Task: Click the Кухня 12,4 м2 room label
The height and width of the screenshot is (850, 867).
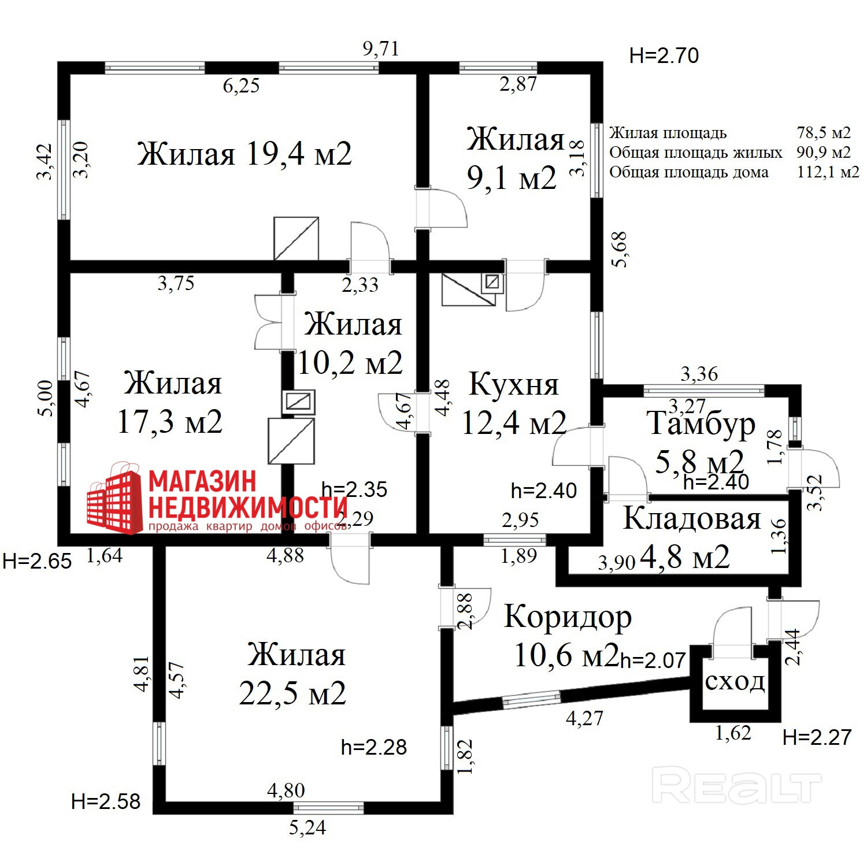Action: (x=513, y=403)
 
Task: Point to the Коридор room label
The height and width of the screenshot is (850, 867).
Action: (x=568, y=617)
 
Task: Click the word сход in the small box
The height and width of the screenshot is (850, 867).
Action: (x=735, y=682)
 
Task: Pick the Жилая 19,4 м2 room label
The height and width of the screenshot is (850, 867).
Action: (x=244, y=154)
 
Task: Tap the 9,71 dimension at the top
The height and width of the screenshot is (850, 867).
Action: (x=381, y=49)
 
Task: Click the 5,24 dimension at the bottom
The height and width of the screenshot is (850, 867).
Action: (x=307, y=828)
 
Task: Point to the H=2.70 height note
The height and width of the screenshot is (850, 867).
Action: (x=664, y=56)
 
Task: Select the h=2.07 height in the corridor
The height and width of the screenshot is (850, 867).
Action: (x=653, y=660)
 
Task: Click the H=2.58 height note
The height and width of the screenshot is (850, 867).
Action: (x=106, y=801)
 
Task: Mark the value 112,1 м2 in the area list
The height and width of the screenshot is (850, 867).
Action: (x=828, y=172)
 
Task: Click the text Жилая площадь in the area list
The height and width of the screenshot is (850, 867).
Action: (x=668, y=133)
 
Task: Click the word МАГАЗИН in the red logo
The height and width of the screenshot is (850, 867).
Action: (x=202, y=481)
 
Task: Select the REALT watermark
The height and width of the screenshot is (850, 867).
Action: (x=736, y=785)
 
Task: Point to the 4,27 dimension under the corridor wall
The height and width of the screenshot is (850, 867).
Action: (x=584, y=718)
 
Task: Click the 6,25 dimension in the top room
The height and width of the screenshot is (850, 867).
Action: (x=241, y=86)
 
